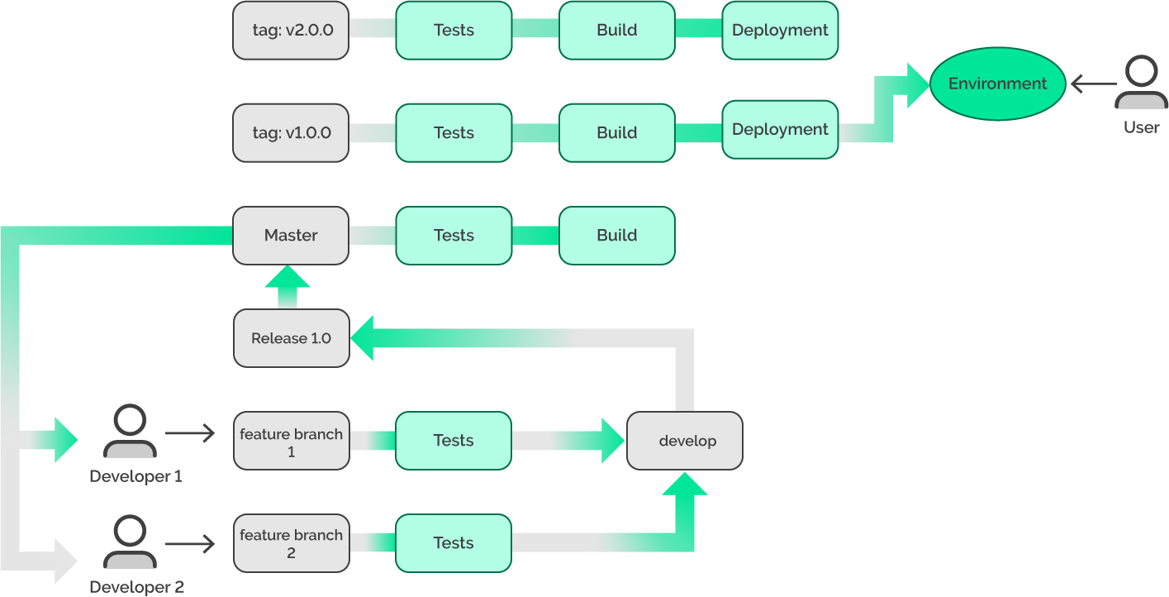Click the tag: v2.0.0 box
coord(291,31)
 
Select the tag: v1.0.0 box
coord(291,132)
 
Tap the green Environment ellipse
coord(997,84)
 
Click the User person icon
coord(1141,83)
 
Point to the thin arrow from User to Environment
coord(1094,84)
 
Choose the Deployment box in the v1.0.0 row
coord(780,129)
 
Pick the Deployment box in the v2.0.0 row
coord(780,31)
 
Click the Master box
coord(291,236)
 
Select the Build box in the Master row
coord(616,236)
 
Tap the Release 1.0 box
coord(291,338)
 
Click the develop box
coord(685,441)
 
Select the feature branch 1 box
coord(291,441)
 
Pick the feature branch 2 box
coord(291,543)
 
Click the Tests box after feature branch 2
coord(454,543)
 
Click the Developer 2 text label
coord(136,587)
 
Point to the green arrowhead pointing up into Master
coord(287,278)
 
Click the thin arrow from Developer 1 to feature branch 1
coord(190,432)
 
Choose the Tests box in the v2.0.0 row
coord(454,31)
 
